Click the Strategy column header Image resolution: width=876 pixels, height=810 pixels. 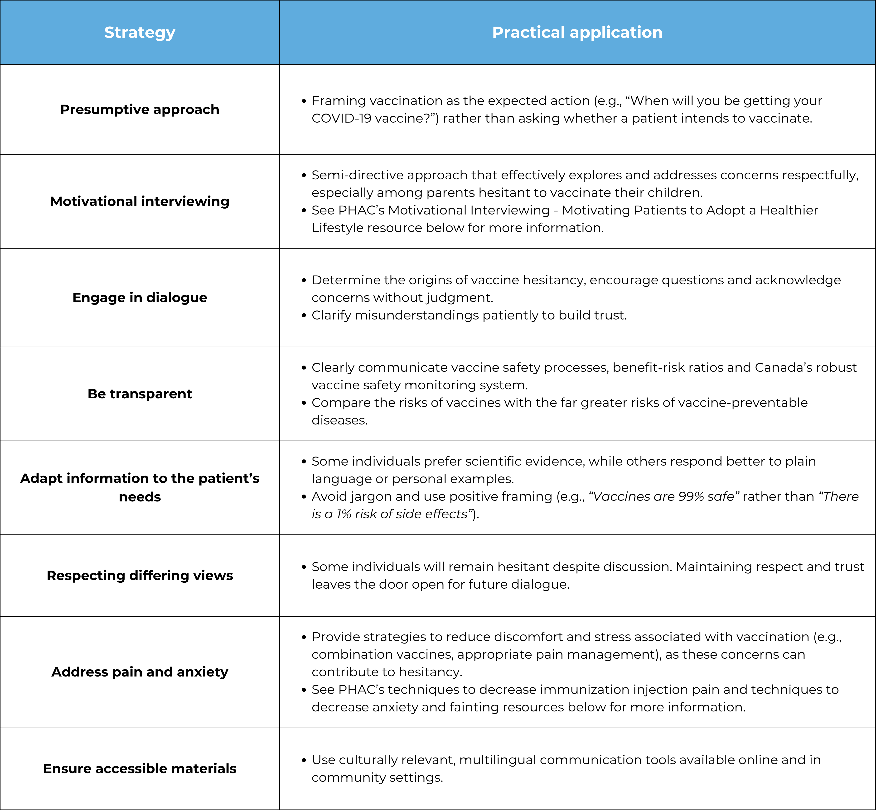140,33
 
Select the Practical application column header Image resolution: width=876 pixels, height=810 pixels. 577,33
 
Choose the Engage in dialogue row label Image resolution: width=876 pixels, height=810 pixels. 140,298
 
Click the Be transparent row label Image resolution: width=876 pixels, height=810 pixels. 140,394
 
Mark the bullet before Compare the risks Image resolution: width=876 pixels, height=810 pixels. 304,403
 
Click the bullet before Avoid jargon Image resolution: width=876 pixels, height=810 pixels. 304,497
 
